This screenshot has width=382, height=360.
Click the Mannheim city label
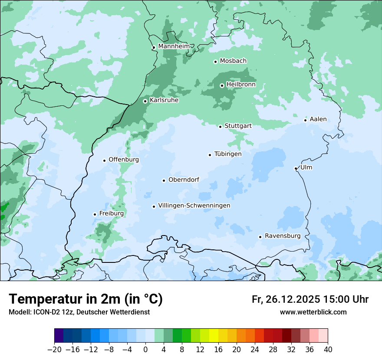174,46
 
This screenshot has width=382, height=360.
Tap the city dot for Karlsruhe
145,101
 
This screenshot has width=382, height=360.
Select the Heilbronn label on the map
241,84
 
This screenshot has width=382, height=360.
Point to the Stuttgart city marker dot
220,127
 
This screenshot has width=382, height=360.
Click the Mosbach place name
233,61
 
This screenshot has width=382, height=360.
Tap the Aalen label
318,119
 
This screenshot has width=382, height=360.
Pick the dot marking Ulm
296,168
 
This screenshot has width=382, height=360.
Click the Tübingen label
228,154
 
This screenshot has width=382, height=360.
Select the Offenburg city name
124,160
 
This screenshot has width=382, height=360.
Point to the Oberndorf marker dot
164,180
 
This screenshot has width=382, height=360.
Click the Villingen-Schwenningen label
194,206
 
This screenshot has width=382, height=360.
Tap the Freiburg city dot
95,214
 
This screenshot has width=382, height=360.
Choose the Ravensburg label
283,236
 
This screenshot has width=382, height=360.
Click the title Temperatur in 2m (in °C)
86,299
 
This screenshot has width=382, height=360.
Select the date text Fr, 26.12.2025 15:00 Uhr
310,299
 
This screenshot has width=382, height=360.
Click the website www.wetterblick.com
313,312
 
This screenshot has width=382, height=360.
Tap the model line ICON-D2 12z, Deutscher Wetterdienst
79,312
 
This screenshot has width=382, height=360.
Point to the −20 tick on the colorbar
55,350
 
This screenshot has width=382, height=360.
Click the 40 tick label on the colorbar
328,350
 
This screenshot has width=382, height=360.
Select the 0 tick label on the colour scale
145,350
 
